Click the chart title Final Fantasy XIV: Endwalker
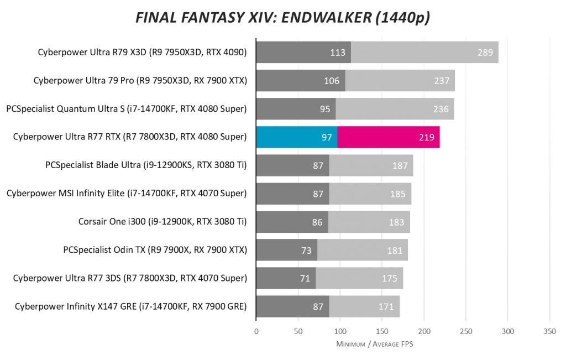pyautogui.click(x=283, y=18)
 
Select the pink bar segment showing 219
pyautogui.click(x=389, y=137)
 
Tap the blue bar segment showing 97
pyautogui.click(x=296, y=137)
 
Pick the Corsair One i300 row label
pyautogui.click(x=163, y=222)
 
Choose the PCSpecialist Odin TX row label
pyautogui.click(x=155, y=250)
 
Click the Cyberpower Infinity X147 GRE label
pyautogui.click(x=130, y=306)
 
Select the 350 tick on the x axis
pyautogui.click(x=549, y=331)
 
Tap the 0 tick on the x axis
pyautogui.click(x=256, y=331)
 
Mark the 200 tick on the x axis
pyautogui.click(x=424, y=331)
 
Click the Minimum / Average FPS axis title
pyautogui.click(x=375, y=345)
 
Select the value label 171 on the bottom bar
pyautogui.click(x=386, y=306)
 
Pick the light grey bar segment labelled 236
pyautogui.click(x=395, y=109)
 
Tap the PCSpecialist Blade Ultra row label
pyautogui.click(x=146, y=165)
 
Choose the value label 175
pyautogui.click(x=390, y=278)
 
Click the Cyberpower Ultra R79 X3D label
pyautogui.click(x=142, y=53)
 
